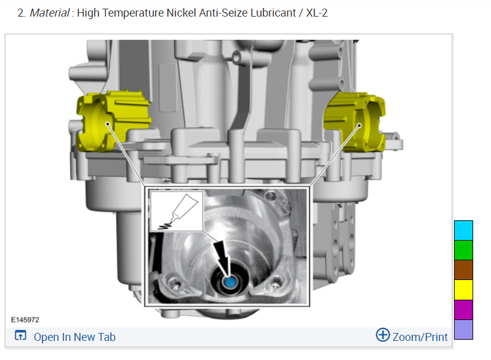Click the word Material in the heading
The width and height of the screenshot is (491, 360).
(x=49, y=13)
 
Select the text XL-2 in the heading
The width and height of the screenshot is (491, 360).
(x=317, y=13)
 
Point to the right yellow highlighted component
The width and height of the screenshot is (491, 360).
(x=356, y=122)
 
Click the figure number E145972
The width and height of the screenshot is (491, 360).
(x=25, y=320)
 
